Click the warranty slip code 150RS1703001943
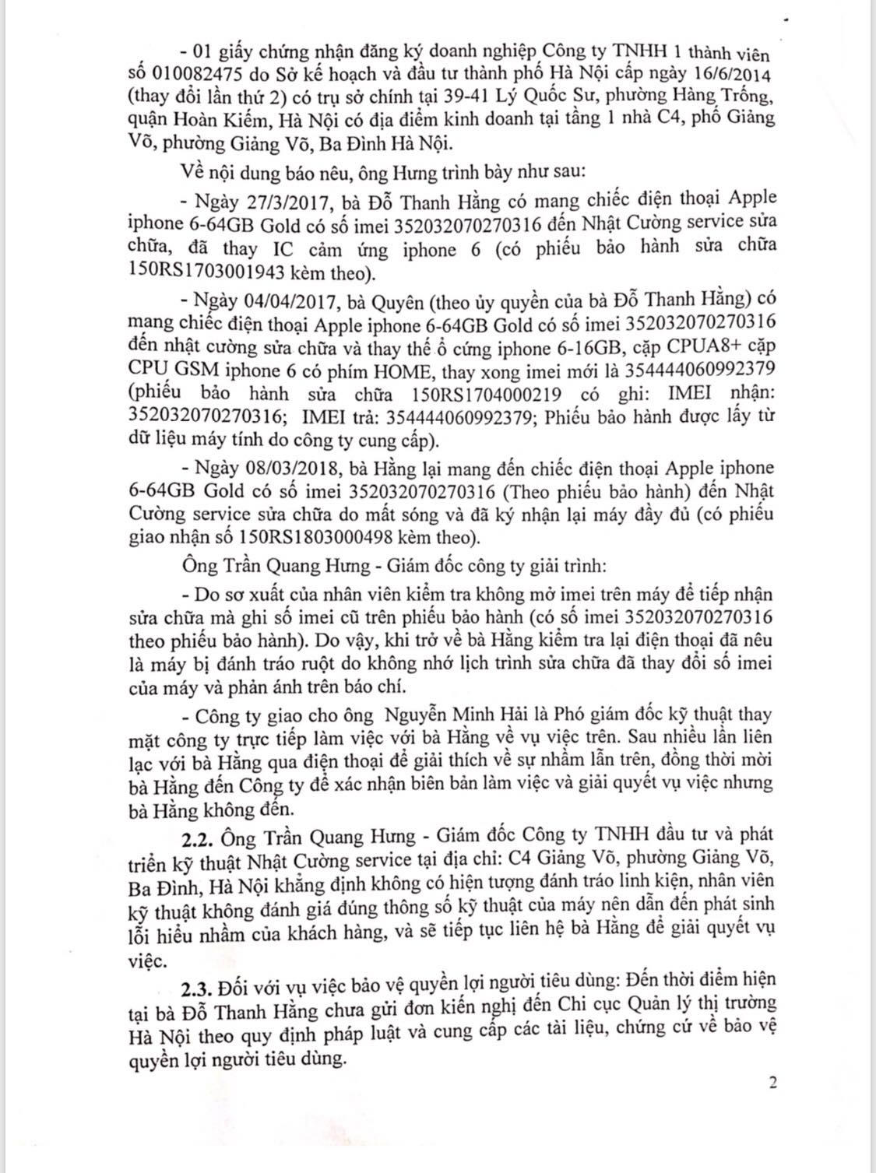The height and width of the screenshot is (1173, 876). click(x=203, y=272)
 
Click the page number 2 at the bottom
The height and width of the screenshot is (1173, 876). click(x=772, y=1081)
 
